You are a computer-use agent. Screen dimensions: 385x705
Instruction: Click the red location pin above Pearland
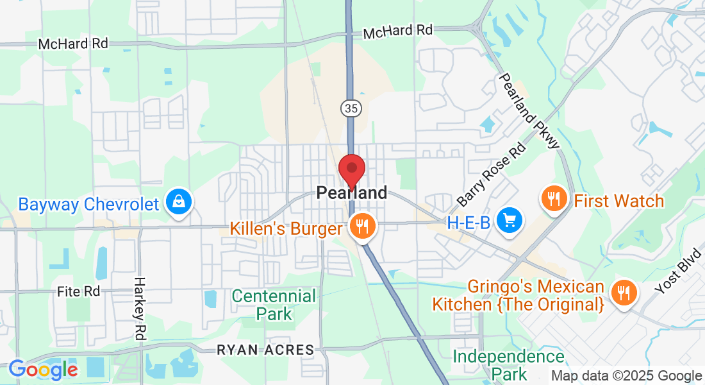352,170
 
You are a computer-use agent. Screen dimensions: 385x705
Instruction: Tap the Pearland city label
352,193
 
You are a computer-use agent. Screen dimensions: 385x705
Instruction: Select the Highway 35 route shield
350,108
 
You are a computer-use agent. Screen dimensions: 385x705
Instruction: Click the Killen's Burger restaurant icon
363,226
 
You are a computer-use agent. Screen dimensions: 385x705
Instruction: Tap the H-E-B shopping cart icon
510,221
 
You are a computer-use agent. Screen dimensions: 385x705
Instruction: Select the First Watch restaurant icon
552,199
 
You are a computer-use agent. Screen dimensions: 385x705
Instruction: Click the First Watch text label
618,201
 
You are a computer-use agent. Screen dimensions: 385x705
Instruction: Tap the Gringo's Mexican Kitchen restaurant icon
622,293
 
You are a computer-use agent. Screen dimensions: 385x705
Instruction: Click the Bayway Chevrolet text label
88,205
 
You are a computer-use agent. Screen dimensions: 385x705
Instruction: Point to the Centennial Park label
274,305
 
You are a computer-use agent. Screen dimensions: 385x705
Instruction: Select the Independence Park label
509,364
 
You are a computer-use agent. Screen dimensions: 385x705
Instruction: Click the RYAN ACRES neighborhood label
265,350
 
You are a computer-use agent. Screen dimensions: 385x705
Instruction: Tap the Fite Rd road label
79,291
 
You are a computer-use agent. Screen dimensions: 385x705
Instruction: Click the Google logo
43,370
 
